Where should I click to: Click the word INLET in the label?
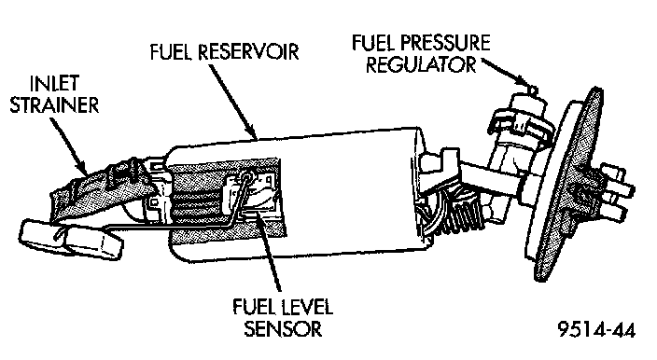[54, 83]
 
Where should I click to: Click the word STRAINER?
[54, 104]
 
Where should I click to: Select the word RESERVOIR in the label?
[248, 52]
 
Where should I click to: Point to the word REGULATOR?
[422, 64]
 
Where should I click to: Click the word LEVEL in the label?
[306, 307]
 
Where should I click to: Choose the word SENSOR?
[284, 328]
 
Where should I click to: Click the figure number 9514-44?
[596, 329]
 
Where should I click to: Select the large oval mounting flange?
[571, 184]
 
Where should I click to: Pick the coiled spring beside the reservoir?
[461, 214]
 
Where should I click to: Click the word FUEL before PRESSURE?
[372, 43]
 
